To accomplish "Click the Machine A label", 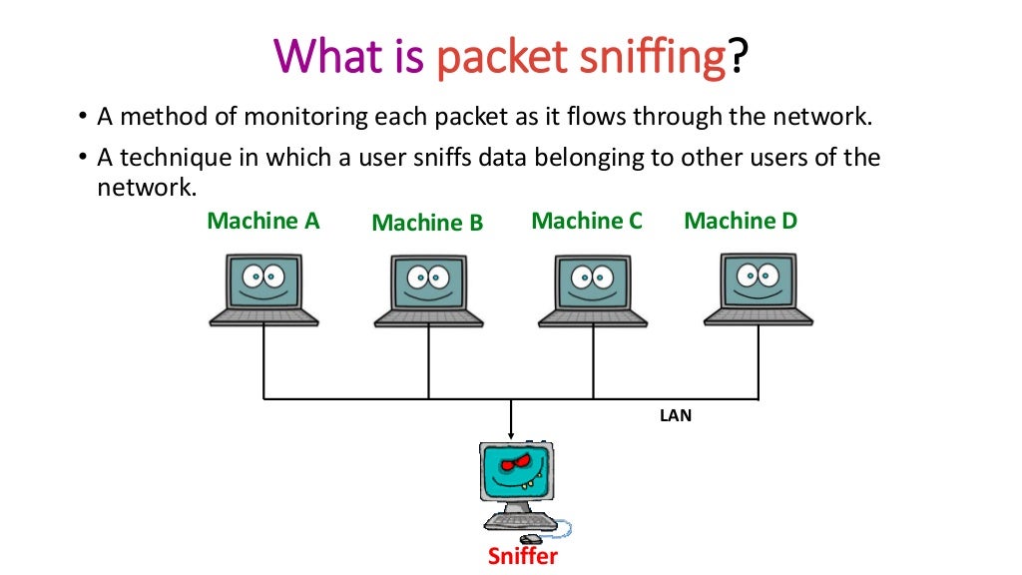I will tap(262, 221).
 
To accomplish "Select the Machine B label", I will tap(427, 224).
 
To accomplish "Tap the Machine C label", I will tap(587, 221).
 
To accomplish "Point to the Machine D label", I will tap(741, 221).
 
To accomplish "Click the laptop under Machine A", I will tap(263, 288).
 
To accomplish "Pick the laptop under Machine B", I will tap(429, 288).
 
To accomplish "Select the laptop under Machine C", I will tap(593, 288).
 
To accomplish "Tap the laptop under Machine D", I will tap(759, 288).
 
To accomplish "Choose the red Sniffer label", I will tap(523, 556).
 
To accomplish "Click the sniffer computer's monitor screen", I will tap(515, 471).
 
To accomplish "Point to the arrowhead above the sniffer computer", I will tap(511, 435).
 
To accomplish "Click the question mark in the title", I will tap(738, 57).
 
